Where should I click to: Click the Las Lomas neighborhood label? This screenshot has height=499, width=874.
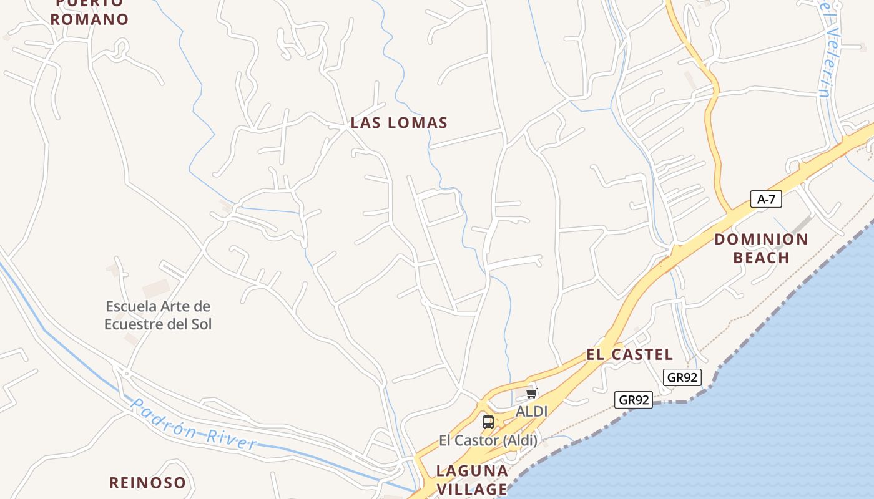pos(399,122)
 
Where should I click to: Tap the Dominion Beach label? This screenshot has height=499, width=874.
pos(761,248)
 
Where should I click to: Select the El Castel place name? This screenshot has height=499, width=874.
pos(629,354)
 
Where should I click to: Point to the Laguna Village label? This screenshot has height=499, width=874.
pos(472,479)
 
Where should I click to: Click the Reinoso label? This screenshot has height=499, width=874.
pos(147,482)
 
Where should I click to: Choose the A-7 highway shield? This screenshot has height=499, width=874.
pos(766,199)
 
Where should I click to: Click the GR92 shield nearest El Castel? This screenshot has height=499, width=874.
pos(682,377)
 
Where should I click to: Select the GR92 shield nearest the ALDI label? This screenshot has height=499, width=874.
pos(634,400)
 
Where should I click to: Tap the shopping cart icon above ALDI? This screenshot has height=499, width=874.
pos(531,393)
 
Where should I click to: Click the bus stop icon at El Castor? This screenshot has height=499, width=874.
pos(488,422)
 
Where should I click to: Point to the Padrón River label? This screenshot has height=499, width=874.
pos(194,425)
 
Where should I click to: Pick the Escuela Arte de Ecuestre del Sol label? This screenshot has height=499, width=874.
pos(158,315)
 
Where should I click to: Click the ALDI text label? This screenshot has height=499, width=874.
pos(531,411)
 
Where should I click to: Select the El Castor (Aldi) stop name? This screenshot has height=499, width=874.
pos(488,440)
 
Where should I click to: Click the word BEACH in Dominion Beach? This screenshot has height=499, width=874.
pos(761,258)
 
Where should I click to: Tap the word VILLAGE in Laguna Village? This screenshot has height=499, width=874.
pos(472,488)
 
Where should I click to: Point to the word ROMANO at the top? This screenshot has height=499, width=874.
pos(89,19)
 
